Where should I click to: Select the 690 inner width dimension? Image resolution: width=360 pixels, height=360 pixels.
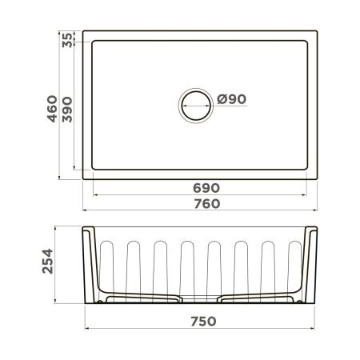coord(200,186)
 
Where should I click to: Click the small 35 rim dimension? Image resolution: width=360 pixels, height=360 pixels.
coord(67,40)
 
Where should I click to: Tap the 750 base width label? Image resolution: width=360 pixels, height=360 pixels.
coord(200,322)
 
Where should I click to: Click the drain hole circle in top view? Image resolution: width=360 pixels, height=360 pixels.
coord(196,105)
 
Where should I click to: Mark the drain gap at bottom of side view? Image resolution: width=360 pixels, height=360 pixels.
coord(199,300)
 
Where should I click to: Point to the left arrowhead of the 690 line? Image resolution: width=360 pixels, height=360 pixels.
coord(96,194)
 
